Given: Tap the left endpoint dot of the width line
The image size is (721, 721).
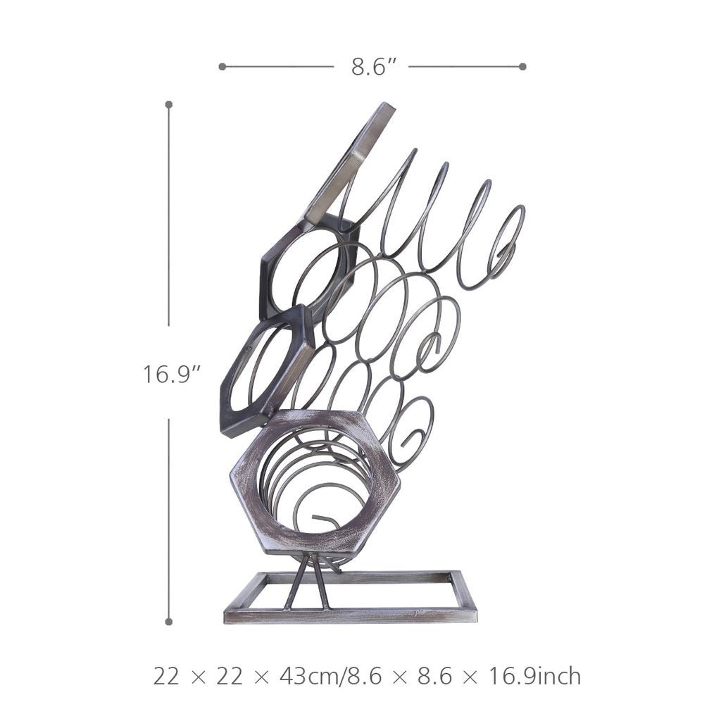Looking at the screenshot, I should (222, 67).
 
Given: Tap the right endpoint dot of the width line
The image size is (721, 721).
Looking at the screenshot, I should (522, 67).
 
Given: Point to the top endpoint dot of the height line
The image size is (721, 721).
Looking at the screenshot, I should (169, 104).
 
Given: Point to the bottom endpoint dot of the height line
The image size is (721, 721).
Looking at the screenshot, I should (169, 622).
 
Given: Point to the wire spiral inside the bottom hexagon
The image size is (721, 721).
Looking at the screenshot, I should (310, 493).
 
